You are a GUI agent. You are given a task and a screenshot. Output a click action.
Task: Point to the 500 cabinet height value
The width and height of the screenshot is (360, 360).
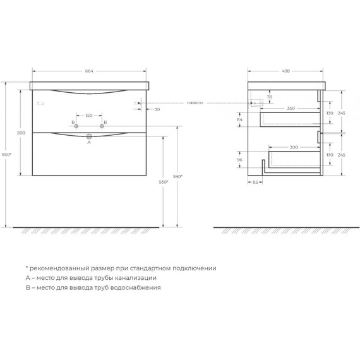click(21, 133)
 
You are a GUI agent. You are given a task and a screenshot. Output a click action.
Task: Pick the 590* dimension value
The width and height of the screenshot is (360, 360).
click(179, 177)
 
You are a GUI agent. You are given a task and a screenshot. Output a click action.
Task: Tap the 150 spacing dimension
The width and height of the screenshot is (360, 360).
click(88, 116)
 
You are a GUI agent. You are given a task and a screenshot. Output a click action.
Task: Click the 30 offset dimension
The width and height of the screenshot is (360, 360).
click(157, 109)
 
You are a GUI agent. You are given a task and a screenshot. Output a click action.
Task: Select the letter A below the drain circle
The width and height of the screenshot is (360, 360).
click(89, 143)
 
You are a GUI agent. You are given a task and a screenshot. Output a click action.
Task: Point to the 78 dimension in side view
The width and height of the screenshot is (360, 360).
click(270, 96)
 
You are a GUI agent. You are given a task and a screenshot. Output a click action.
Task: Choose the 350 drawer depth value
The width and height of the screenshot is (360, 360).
click(290, 109)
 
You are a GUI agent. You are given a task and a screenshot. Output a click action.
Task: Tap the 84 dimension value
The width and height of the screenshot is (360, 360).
click(239, 119)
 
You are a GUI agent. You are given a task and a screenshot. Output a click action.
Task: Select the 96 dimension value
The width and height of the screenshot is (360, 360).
click(239, 160)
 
